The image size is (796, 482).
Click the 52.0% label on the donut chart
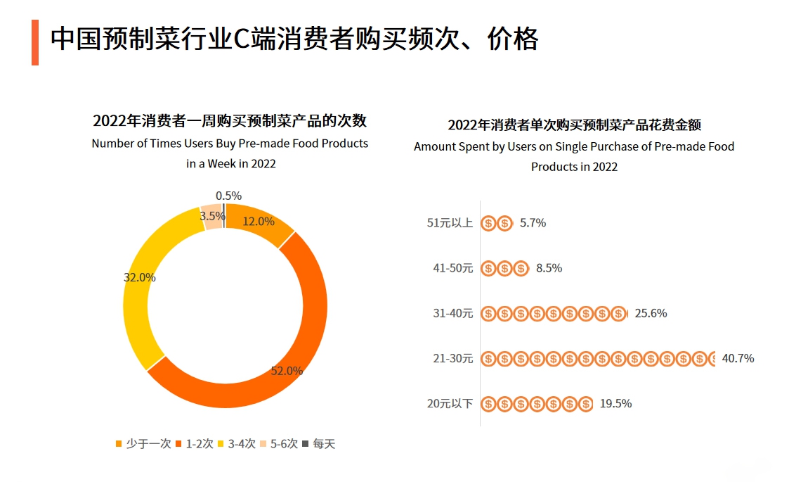click(x=287, y=371)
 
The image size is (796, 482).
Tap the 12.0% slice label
click(x=259, y=221)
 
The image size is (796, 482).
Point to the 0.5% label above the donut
click(x=228, y=196)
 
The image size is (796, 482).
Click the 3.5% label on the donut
click(x=211, y=216)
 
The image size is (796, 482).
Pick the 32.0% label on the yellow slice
click(x=139, y=277)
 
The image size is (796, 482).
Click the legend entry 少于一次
click(x=143, y=444)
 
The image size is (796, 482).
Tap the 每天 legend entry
click(x=319, y=444)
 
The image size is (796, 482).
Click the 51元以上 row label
click(x=450, y=223)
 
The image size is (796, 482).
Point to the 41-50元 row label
click(x=452, y=268)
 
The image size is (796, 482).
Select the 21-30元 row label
click(x=452, y=358)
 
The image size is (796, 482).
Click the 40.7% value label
click(x=738, y=358)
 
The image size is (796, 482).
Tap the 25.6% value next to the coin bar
click(x=651, y=313)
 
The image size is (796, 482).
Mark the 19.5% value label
click(x=615, y=403)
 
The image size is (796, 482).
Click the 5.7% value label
click(x=533, y=223)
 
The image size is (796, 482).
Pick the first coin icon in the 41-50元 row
click(x=488, y=268)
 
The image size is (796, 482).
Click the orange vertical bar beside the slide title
click(x=35, y=42)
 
